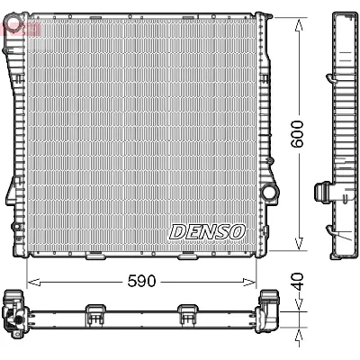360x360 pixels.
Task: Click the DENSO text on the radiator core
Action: tap(207, 231)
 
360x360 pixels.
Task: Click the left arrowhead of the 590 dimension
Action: tap(31, 281)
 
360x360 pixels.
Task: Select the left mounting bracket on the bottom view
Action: tap(95, 312)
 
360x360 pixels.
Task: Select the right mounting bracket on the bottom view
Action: tap(187, 312)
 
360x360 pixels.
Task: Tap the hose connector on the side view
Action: tap(320, 192)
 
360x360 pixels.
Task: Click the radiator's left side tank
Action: tap(16, 135)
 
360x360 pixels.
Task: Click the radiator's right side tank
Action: tap(265, 135)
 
